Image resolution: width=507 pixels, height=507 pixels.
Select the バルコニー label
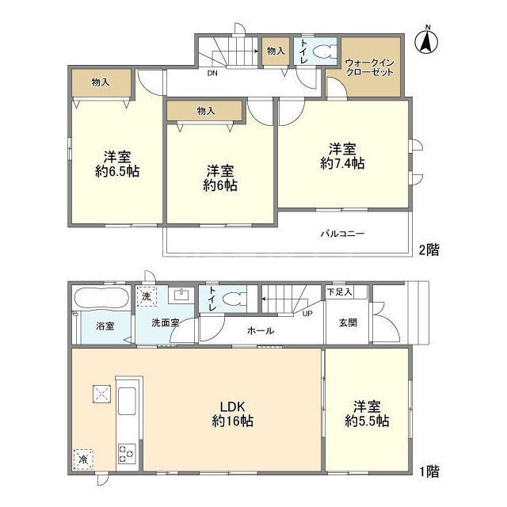click(342, 234)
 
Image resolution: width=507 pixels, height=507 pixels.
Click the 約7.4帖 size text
click(342, 157)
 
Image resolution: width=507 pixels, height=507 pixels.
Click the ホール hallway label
click(261, 330)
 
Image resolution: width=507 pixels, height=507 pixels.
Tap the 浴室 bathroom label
click(105, 326)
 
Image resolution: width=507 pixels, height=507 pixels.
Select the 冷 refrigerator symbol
click(83, 458)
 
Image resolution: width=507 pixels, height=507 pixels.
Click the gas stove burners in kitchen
click(127, 453)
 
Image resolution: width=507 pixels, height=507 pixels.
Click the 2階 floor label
click(429, 249)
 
